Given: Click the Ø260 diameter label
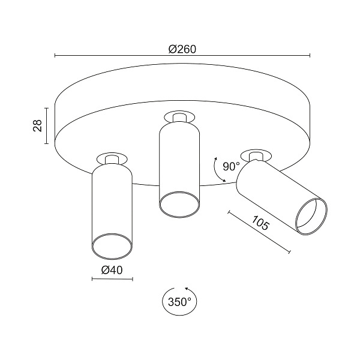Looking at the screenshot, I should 182,49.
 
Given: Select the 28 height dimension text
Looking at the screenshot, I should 37,126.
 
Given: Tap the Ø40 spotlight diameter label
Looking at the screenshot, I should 112,270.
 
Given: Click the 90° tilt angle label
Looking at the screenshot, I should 231,166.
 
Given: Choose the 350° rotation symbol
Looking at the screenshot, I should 178,302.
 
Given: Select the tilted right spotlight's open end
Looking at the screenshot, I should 312,215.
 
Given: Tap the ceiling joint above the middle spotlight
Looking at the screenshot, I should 178,116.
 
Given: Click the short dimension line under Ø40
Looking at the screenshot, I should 112,279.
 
